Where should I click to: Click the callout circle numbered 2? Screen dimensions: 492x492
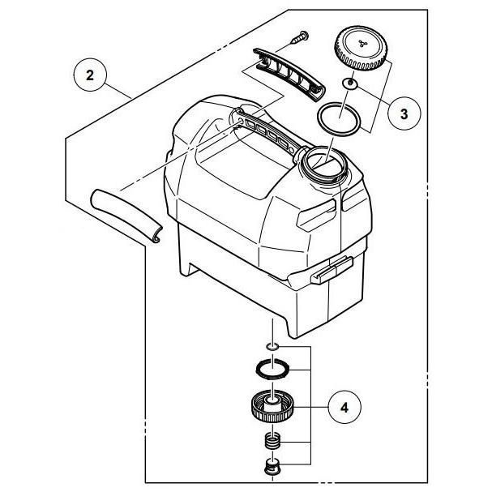(x=90, y=77)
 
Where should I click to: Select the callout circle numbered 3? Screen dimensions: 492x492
(x=402, y=113)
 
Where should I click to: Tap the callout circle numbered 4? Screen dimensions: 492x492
(x=345, y=405)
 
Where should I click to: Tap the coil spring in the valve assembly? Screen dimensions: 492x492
(x=273, y=443)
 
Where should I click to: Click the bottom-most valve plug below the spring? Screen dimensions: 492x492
(x=273, y=468)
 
